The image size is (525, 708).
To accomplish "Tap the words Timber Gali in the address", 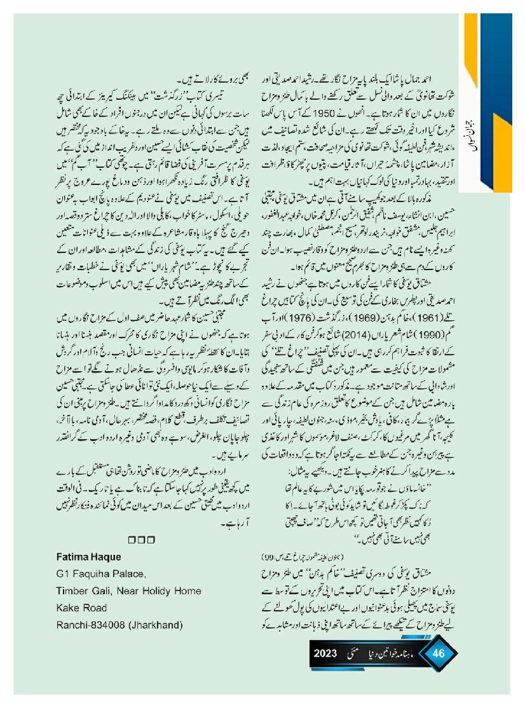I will [83, 591].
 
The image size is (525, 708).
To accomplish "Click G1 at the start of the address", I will [63, 574].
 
